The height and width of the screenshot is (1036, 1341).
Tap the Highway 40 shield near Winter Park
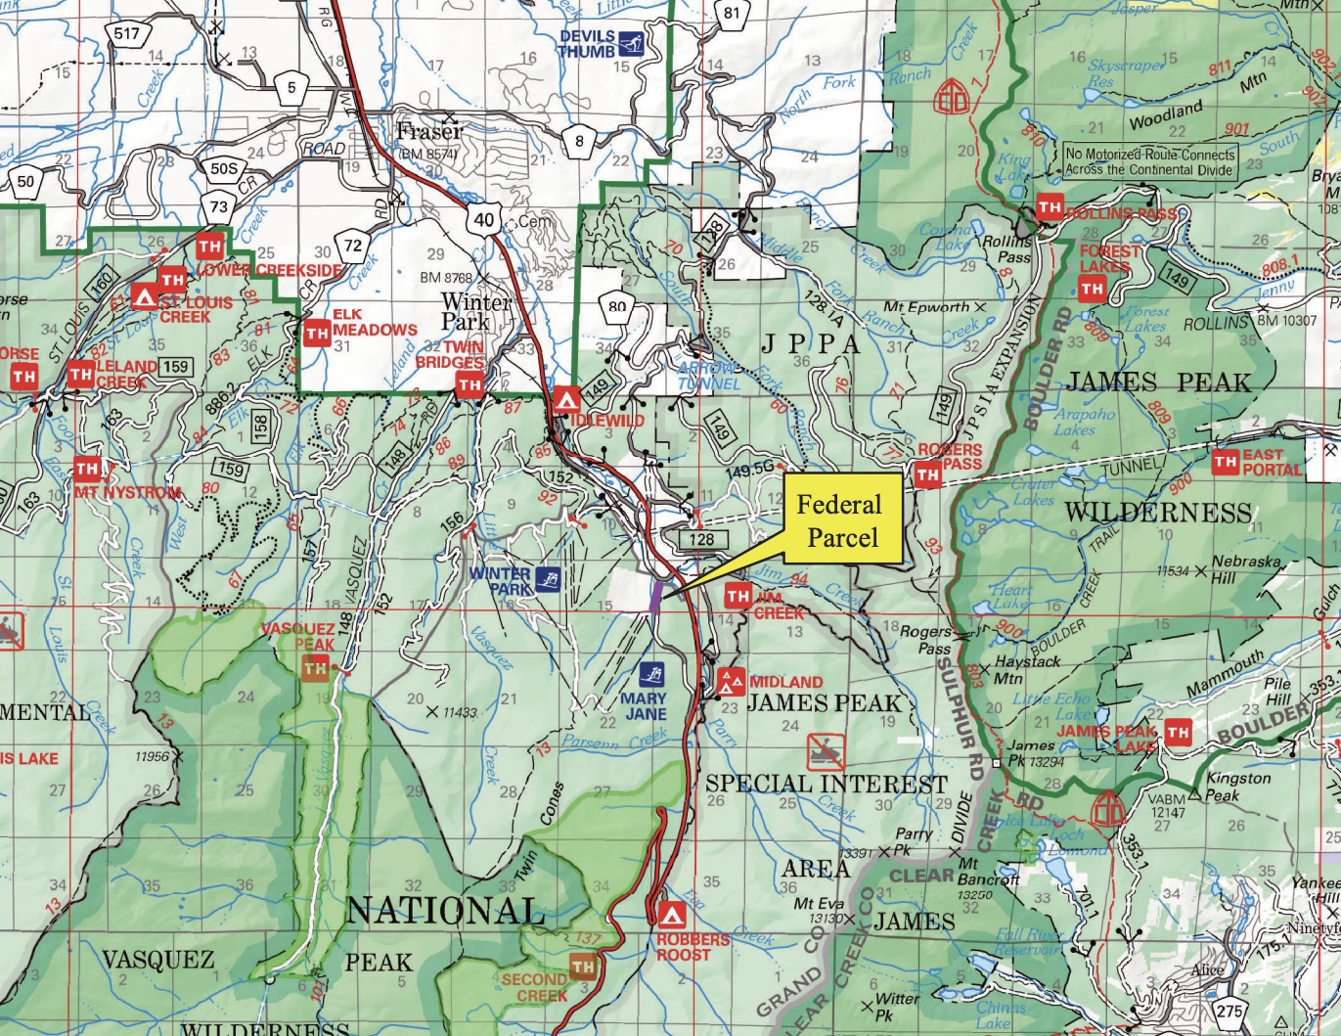(484, 219)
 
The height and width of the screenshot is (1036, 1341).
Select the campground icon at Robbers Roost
(670, 916)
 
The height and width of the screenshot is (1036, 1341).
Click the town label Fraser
(429, 131)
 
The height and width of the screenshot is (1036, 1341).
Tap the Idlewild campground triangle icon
(565, 399)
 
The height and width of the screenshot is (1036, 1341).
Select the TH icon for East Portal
(1225, 462)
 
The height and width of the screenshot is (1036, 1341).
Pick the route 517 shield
(127, 35)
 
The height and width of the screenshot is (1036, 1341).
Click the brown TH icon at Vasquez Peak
(315, 668)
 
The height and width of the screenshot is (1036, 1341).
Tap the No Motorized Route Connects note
(1150, 161)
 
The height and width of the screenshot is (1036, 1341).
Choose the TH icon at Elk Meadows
(316, 334)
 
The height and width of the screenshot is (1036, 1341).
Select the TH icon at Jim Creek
(738, 596)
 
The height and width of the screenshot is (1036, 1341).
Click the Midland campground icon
(730, 682)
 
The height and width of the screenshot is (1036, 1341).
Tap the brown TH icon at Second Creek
(583, 967)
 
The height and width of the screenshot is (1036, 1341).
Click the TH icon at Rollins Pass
(1050, 207)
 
